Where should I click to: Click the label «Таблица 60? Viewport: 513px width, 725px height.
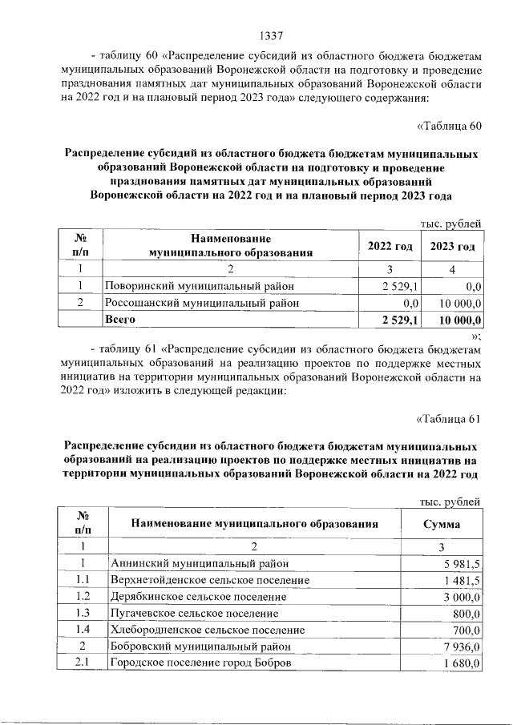tap(449, 125)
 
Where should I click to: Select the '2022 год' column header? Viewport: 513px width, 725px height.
tap(390, 246)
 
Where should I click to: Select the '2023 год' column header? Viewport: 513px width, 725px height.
tap(453, 246)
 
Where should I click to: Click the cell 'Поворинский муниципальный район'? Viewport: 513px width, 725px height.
tap(200, 285)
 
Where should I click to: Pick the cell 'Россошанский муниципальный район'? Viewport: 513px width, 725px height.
tap(203, 303)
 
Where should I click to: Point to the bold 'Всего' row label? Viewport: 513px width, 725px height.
tap(119, 320)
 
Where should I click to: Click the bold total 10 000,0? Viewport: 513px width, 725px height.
tap(457, 320)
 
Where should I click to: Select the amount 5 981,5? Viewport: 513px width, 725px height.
tap(462, 563)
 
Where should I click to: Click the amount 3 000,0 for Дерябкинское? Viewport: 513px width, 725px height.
tap(462, 597)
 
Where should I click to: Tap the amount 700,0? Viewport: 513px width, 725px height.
tap(465, 630)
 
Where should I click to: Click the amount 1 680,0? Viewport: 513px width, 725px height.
tap(462, 663)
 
